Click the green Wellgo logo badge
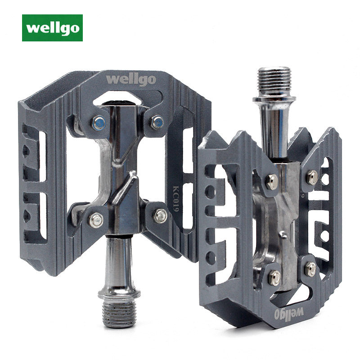click(x=52, y=28)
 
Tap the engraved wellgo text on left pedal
click(x=131, y=80)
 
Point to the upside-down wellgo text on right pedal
click(x=289, y=313)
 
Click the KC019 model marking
click(x=176, y=199)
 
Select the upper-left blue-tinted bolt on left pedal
click(x=99, y=123)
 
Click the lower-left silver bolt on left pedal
click(x=96, y=220)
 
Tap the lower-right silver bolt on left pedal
click(x=161, y=216)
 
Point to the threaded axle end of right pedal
click(x=274, y=82)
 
